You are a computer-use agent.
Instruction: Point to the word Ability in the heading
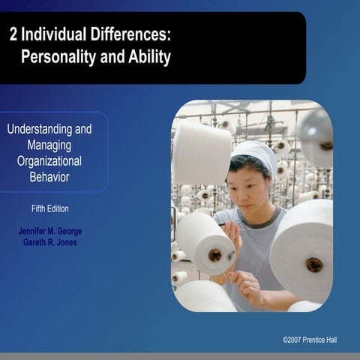(151, 57)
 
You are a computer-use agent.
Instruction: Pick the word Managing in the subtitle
(49, 145)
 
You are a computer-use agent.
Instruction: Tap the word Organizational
(49, 160)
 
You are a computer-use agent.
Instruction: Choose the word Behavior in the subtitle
(49, 177)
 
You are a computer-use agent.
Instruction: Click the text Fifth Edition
(50, 208)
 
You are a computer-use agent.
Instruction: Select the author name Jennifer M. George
(50, 231)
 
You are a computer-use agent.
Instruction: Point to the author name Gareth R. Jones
(50, 243)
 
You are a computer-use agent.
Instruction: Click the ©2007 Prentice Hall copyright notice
(310, 340)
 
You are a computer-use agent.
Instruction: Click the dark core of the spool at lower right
(314, 264)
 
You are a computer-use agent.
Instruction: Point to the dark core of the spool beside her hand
(214, 254)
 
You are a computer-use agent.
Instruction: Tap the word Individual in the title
(60, 34)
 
